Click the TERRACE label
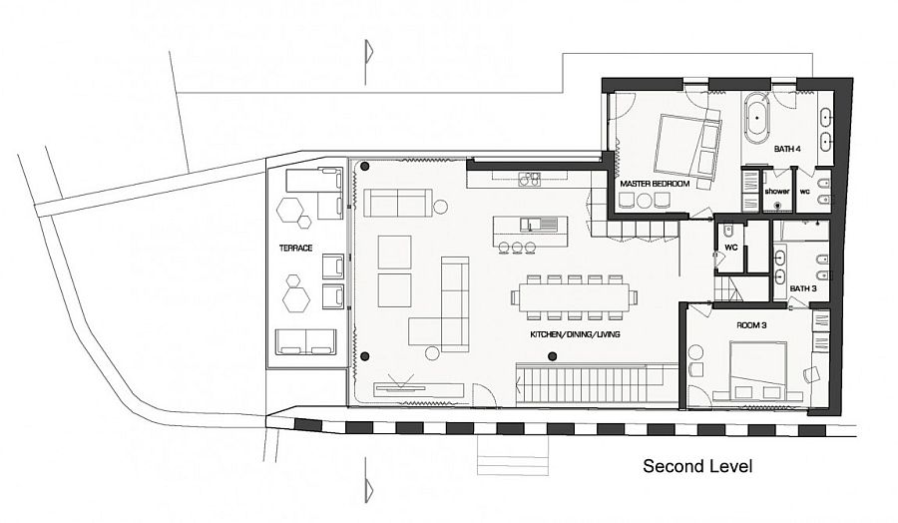(x=295, y=249)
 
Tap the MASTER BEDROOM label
(x=654, y=184)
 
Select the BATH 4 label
(x=787, y=149)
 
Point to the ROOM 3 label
(x=751, y=325)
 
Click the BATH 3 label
(x=803, y=288)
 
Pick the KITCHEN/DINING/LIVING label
(x=575, y=334)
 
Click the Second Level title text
(x=697, y=466)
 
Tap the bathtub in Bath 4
(x=757, y=118)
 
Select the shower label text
(x=777, y=192)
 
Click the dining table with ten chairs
(x=574, y=297)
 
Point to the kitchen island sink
(x=539, y=224)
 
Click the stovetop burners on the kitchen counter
(x=529, y=180)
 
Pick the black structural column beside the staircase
(x=552, y=357)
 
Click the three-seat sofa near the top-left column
(x=398, y=203)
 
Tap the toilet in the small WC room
(x=728, y=231)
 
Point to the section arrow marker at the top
(x=368, y=52)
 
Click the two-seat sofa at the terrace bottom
(x=305, y=342)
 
